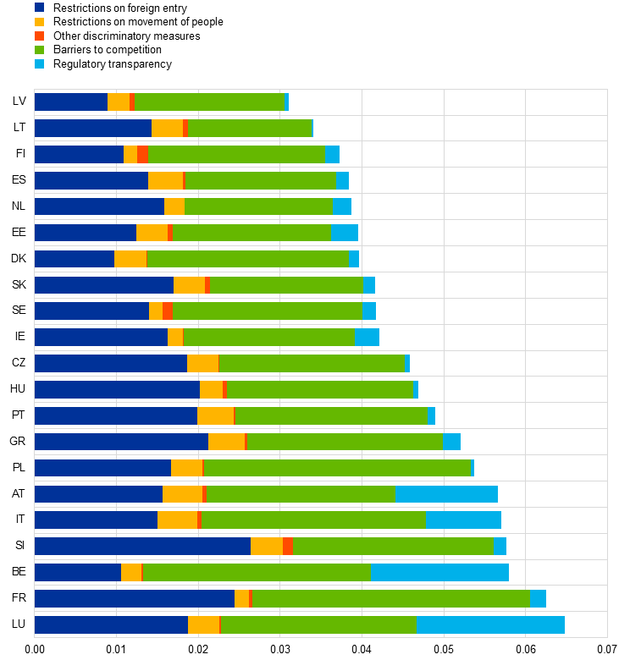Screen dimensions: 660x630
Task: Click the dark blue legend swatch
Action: coord(39,8)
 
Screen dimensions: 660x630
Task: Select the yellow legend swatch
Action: coord(39,22)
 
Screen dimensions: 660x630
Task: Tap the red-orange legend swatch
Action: coord(39,36)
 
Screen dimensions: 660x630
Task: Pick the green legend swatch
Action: coord(39,50)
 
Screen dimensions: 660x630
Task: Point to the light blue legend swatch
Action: coord(39,64)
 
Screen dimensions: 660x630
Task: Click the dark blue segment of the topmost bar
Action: coord(71,102)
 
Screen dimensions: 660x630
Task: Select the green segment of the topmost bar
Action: coord(209,102)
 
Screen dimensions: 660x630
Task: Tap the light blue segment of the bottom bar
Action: coord(490,624)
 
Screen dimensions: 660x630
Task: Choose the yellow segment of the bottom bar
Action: coord(203,624)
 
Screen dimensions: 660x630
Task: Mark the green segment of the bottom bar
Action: coord(318,624)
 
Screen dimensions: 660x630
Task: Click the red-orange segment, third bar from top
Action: coord(142,154)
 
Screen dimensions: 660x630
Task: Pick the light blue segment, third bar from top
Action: coord(332,154)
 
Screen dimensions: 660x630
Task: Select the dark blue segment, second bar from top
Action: coord(93,128)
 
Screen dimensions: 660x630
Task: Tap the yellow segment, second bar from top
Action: coord(167,128)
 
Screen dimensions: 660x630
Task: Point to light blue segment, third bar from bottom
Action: coord(439,572)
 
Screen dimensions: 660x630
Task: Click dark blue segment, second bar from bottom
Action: coord(135,598)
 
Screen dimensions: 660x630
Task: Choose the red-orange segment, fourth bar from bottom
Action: coord(288,546)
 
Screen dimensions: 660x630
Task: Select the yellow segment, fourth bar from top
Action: coord(165,180)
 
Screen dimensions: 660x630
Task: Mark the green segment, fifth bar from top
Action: coord(258,206)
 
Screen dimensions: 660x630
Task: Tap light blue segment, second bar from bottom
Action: coord(538,598)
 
